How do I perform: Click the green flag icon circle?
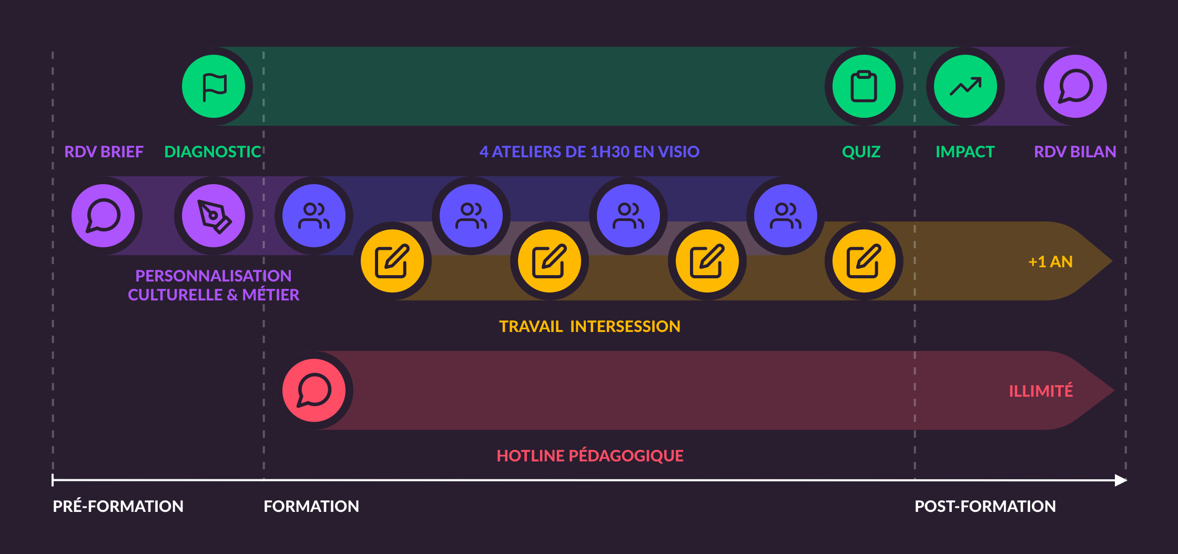click(x=214, y=86)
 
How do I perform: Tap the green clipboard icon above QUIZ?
click(x=864, y=86)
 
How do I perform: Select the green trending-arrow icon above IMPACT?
click(x=965, y=86)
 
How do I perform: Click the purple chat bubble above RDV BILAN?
click(x=1075, y=86)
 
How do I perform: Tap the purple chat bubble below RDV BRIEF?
click(x=103, y=216)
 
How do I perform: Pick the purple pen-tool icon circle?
click(x=214, y=216)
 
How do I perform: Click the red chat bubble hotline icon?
click(x=314, y=390)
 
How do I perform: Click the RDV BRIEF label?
click(x=104, y=152)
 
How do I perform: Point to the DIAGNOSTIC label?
click(x=212, y=152)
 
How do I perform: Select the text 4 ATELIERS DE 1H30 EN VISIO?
click(x=589, y=152)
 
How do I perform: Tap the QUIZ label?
click(x=861, y=152)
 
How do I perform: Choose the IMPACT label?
click(x=965, y=152)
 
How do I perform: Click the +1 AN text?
click(x=1050, y=261)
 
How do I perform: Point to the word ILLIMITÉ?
click(x=1041, y=391)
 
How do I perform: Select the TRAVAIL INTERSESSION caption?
click(x=590, y=327)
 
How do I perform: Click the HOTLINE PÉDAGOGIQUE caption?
click(x=590, y=456)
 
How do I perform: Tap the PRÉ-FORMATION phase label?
click(x=118, y=506)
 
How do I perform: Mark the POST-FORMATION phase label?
click(x=985, y=506)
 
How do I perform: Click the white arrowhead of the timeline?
click(x=1121, y=480)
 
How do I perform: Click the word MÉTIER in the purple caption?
click(x=270, y=295)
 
